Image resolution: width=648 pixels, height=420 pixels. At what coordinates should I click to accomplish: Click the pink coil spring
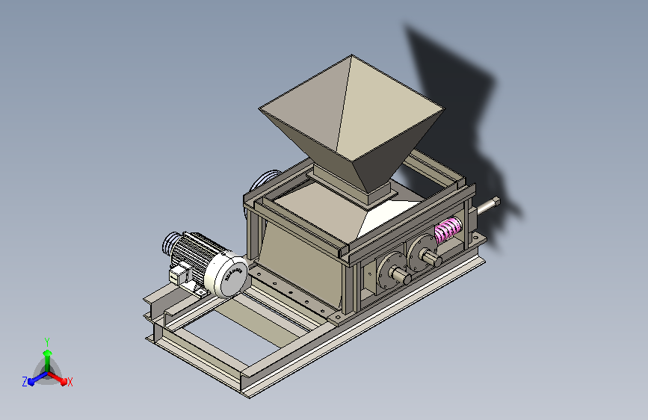tap(448, 231)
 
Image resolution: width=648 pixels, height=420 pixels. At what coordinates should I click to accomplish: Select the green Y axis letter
tap(46, 340)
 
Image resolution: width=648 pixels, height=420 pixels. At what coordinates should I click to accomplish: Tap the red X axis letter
tap(70, 382)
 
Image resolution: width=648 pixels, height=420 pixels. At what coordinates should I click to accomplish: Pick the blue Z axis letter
tap(25, 382)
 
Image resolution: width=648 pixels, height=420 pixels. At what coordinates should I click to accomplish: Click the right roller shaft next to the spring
tap(433, 258)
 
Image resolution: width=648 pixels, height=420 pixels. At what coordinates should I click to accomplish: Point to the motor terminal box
tap(178, 274)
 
